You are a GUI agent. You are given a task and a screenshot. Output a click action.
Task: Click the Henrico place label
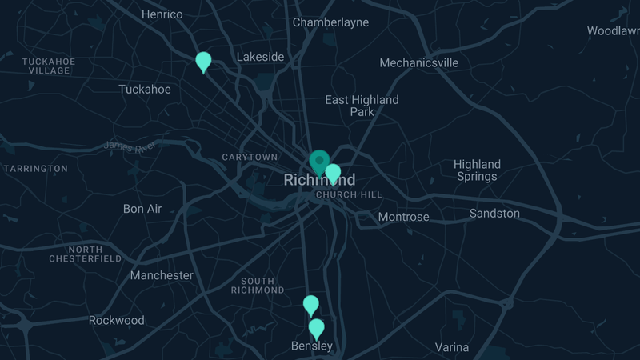[162, 14]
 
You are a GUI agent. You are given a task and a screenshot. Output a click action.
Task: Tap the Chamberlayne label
[330, 22]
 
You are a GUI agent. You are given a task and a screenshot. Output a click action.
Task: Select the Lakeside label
[260, 57]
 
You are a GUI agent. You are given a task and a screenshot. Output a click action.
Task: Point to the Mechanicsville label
[418, 62]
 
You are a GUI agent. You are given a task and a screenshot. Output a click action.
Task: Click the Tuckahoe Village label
[49, 66]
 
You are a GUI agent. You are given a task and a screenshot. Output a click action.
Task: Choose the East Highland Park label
[362, 106]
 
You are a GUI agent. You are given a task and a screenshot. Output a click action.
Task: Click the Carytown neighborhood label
[250, 157]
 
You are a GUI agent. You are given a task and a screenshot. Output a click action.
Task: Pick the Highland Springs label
[477, 170]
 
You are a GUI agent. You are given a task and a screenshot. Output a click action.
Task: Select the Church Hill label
[349, 194]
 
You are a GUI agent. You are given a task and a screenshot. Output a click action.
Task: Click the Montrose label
[403, 217]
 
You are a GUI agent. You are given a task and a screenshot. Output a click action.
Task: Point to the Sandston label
[494, 214]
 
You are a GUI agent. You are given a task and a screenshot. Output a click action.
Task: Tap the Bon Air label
[142, 209]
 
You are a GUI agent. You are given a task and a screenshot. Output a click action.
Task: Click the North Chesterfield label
[86, 254]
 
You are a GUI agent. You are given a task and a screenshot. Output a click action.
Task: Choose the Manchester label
[162, 275]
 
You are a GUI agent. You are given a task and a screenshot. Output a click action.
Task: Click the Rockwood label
[117, 320]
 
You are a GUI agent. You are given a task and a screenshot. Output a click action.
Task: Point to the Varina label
[452, 347]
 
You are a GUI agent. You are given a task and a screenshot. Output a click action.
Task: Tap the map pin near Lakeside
[203, 61]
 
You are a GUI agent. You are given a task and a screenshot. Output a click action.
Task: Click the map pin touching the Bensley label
[317, 328]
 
